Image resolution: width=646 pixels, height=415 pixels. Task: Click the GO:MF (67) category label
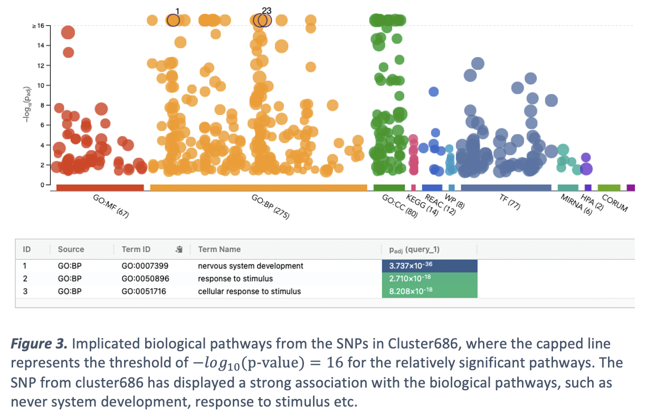110,206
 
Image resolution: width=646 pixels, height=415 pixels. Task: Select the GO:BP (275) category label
271,206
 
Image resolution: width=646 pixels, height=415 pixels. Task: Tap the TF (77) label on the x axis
510,202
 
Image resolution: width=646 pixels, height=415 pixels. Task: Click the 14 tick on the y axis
41,45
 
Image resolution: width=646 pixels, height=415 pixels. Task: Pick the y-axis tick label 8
42,105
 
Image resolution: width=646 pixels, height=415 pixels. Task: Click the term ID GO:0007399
145,266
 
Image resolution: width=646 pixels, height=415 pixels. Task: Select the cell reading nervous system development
251,266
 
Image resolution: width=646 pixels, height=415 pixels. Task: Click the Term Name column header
219,249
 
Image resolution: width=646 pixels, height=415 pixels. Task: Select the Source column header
71,249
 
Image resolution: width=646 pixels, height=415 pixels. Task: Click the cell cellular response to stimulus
249,291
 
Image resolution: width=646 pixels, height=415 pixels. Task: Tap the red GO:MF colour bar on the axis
100,188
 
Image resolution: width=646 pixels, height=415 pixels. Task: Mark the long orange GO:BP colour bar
258,188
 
